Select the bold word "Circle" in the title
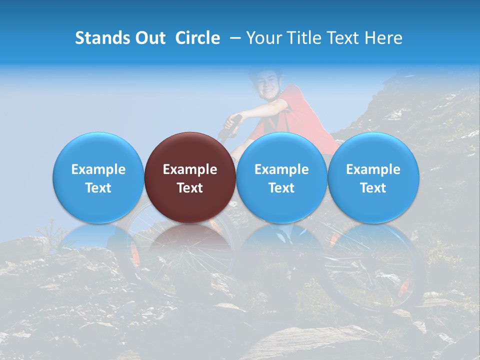point(197,38)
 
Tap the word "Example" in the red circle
point(190,169)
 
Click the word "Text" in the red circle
point(190,188)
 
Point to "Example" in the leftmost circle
point(98,169)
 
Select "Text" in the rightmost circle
point(373,188)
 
